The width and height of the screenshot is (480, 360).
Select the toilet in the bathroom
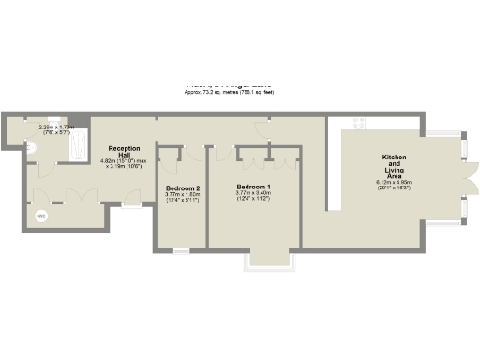pos(30,146)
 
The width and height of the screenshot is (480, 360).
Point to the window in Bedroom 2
pos(181,250)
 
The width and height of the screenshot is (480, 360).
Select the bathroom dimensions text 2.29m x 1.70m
pos(52,129)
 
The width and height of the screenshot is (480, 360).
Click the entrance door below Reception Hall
pos(131,204)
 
